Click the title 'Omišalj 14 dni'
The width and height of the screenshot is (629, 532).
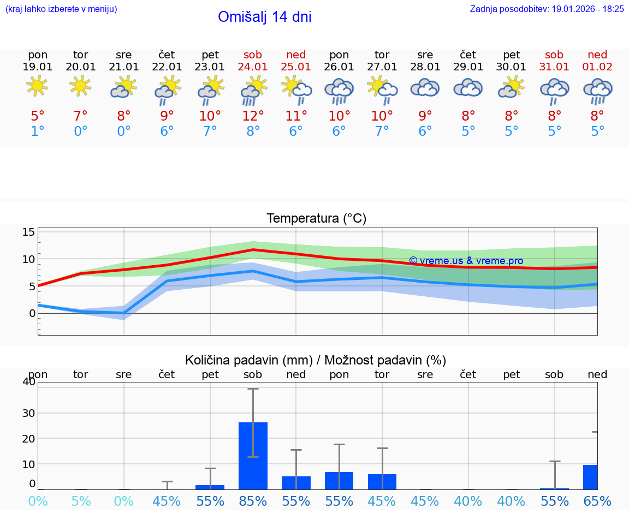click(264, 17)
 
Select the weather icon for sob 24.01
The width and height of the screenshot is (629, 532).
click(253, 90)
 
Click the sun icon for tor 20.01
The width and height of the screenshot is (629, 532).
click(81, 86)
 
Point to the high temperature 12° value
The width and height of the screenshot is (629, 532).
click(253, 116)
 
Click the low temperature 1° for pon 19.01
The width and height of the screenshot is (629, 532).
click(38, 131)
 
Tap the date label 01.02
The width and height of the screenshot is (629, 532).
click(597, 67)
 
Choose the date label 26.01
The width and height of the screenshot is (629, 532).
click(339, 67)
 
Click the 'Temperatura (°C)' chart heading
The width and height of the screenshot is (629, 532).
click(316, 219)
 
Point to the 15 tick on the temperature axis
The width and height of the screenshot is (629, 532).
click(28, 232)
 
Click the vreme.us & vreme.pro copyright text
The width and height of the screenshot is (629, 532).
click(466, 261)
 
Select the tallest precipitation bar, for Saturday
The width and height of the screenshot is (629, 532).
click(253, 456)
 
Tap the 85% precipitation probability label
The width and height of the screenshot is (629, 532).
click(253, 501)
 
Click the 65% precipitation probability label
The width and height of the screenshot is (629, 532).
click(597, 501)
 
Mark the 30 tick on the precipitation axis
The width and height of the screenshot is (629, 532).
click(28, 413)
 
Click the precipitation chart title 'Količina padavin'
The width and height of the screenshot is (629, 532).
click(316, 360)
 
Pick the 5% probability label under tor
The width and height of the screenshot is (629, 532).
click(81, 501)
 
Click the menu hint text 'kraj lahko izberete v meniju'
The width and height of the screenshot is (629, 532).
click(61, 9)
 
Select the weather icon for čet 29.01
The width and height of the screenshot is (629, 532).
click(468, 88)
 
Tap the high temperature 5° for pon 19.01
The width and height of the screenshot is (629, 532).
click(38, 116)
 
